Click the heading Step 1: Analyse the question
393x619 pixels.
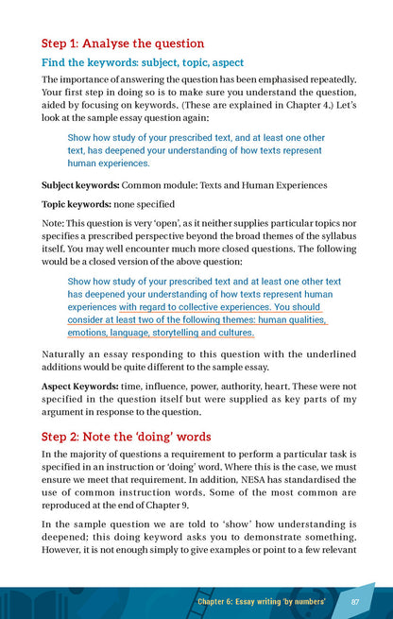[x=122, y=43]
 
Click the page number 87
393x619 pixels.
[x=354, y=601]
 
